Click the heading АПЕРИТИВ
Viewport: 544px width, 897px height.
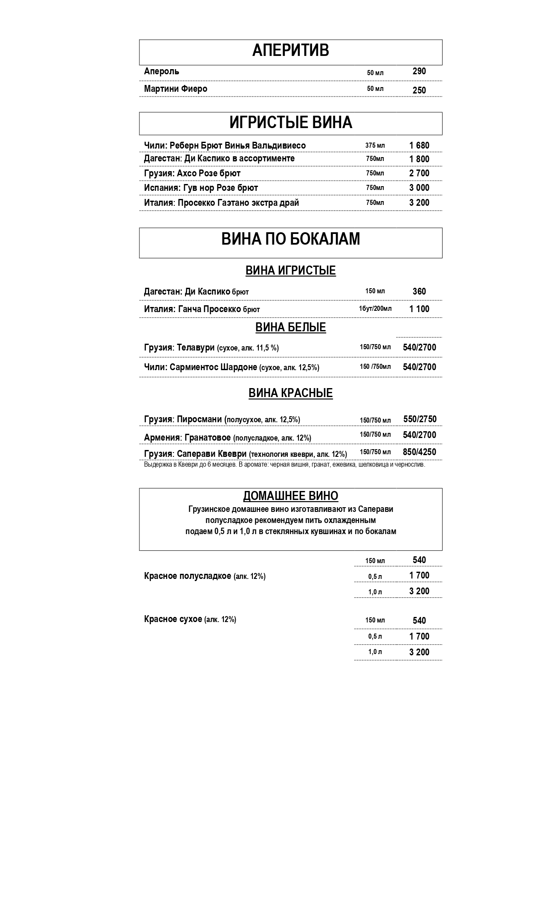tap(290, 51)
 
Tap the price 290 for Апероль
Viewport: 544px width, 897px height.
tap(419, 71)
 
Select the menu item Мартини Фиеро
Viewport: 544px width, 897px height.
tap(176, 89)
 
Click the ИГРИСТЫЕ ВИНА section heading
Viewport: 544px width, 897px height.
tap(290, 123)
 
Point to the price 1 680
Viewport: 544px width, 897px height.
tap(419, 146)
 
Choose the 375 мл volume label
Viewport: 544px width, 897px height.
tap(375, 146)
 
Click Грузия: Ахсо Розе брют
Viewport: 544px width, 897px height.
tap(192, 173)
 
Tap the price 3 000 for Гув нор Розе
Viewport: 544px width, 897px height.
tap(419, 188)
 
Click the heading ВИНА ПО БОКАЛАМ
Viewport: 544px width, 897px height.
tap(290, 239)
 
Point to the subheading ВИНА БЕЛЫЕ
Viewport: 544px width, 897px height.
tap(290, 327)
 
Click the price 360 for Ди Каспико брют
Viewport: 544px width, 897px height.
tap(419, 292)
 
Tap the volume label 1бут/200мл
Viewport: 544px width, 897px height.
tap(375, 309)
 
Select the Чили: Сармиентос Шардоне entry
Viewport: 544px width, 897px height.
tap(231, 367)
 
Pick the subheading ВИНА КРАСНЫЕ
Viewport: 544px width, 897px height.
tap(290, 393)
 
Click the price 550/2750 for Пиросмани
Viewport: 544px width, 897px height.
tap(420, 419)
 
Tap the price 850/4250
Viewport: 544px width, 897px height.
tap(420, 452)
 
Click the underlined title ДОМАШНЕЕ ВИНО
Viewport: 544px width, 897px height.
tap(290, 496)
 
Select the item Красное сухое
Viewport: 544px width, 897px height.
tap(190, 619)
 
